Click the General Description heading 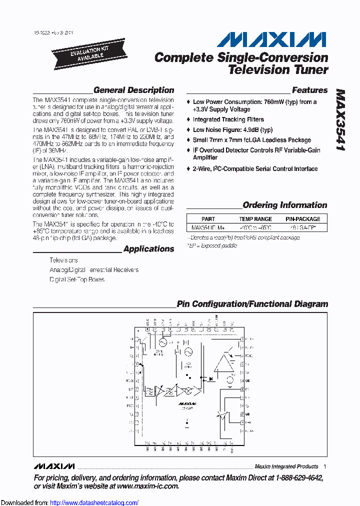coord(133,90)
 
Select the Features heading coord(309,90)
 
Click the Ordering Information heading coord(284,205)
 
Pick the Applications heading coord(148,249)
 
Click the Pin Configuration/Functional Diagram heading coord(252,304)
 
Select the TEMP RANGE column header coord(255,219)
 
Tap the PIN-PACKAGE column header coord(303,219)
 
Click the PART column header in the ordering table coord(208,219)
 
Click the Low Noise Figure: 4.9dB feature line coord(233,129)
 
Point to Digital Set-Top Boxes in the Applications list coord(77,279)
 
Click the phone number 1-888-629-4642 coord(297,478)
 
